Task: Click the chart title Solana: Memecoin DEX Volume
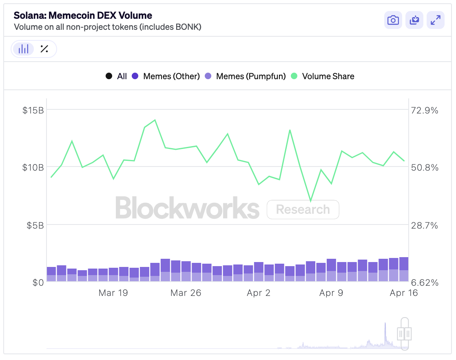pos(83,16)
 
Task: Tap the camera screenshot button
pos(393,20)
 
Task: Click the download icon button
pos(414,20)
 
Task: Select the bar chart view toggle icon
pos(24,49)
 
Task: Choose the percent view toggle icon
pos(44,49)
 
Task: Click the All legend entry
pos(116,76)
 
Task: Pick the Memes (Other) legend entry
pos(166,76)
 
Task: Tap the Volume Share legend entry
pos(323,76)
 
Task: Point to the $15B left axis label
pos(33,110)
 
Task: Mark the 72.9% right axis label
pos(425,110)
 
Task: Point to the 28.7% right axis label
pos(425,225)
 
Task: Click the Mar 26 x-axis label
pos(186,293)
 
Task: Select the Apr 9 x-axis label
pos(331,293)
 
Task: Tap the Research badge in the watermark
pos(303,209)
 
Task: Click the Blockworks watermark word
pos(187,208)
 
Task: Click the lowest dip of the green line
pos(311,201)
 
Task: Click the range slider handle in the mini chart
pos(405,334)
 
